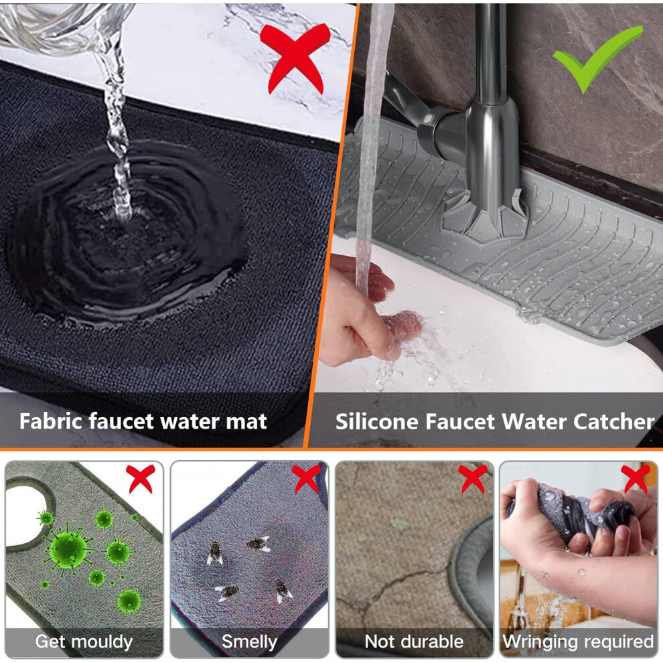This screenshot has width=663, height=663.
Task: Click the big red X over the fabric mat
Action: pos(295,57)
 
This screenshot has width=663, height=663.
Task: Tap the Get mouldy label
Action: pos(84,642)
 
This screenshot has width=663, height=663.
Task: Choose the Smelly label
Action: pos(250,642)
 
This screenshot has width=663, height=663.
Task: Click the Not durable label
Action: pos(414,642)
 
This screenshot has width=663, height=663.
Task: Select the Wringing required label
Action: pos(578,642)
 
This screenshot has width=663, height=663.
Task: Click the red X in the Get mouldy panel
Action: pos(141,479)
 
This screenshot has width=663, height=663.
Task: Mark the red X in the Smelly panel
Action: pos(305,479)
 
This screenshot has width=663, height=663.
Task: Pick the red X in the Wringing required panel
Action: pos(636,479)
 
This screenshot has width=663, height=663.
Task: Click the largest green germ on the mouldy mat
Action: pos(68,549)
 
